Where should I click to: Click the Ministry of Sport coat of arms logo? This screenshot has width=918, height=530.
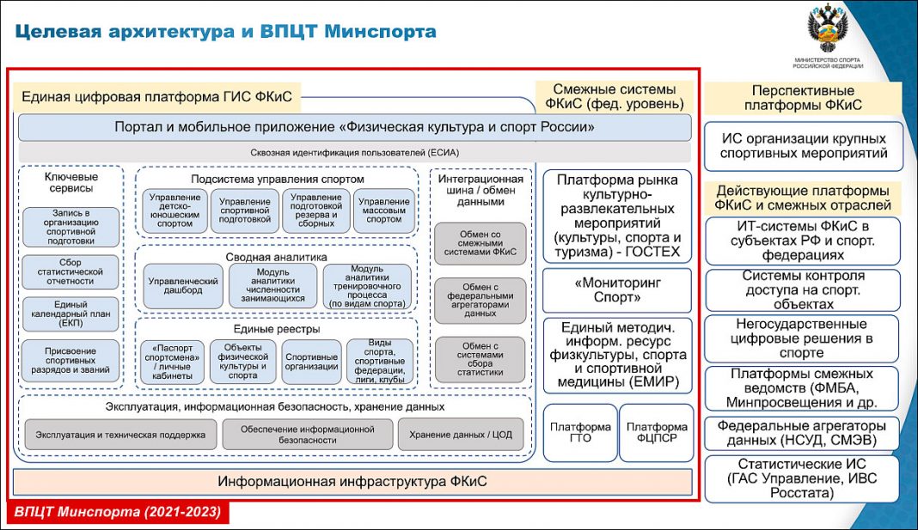828,29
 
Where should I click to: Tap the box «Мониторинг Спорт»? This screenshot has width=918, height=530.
617,290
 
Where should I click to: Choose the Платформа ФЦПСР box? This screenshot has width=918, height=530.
656,433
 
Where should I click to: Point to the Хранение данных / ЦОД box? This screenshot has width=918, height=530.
460,435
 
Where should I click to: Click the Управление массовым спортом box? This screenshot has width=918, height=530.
383,210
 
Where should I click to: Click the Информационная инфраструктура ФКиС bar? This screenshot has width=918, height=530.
352,481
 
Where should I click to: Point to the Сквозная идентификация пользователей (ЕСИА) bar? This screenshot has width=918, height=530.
355,153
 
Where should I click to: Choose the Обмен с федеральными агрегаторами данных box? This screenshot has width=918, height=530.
480,300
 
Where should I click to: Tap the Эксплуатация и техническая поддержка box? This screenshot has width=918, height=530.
120,435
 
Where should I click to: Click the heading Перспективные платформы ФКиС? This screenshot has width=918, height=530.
803,98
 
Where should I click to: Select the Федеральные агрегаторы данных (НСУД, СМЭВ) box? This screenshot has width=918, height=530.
803,432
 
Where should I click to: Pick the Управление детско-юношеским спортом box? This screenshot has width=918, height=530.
173,210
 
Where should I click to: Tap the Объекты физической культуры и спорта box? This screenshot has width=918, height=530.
242,362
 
